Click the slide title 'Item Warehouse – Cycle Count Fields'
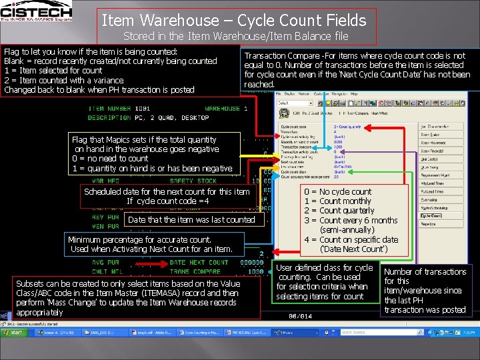tap(234, 21)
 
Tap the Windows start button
tap(13, 331)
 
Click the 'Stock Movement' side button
tap(433, 143)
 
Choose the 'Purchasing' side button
tap(432, 199)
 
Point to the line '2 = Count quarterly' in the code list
tap(338, 211)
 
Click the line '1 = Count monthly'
tap(337, 201)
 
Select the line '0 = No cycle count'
tap(337, 191)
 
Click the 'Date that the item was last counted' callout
tap(191, 219)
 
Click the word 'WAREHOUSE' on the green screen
tap(222, 109)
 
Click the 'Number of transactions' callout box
tap(425, 290)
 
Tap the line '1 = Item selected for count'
tap(53, 70)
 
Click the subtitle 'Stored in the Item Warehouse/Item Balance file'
tap(236, 36)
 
